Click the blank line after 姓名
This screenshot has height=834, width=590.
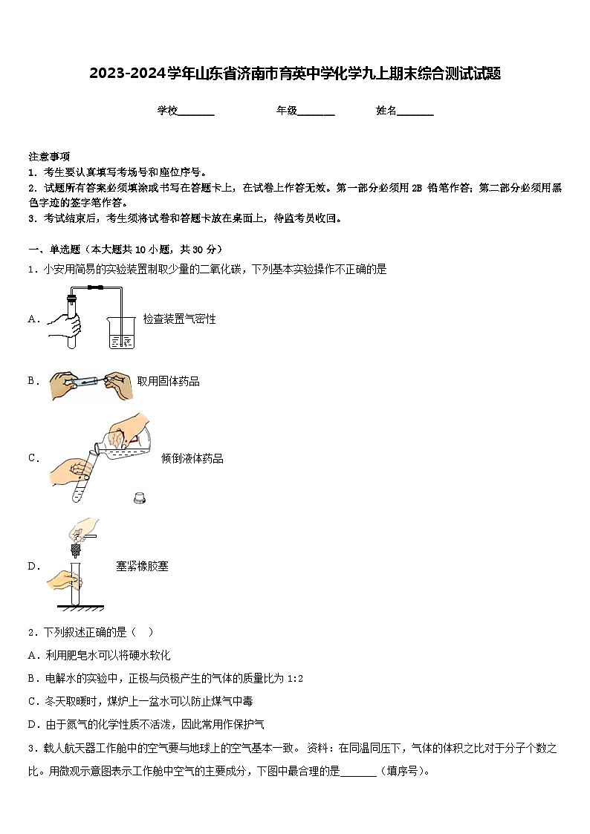415,112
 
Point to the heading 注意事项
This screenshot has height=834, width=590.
49,157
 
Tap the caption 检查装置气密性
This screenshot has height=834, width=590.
179,319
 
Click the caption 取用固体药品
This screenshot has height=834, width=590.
168,382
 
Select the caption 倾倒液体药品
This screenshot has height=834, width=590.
192,459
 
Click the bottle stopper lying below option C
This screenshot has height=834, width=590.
138,498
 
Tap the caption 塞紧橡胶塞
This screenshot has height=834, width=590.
142,567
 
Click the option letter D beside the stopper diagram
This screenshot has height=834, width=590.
33,567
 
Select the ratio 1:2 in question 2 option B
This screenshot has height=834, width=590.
294,679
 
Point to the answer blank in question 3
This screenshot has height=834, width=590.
359,772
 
